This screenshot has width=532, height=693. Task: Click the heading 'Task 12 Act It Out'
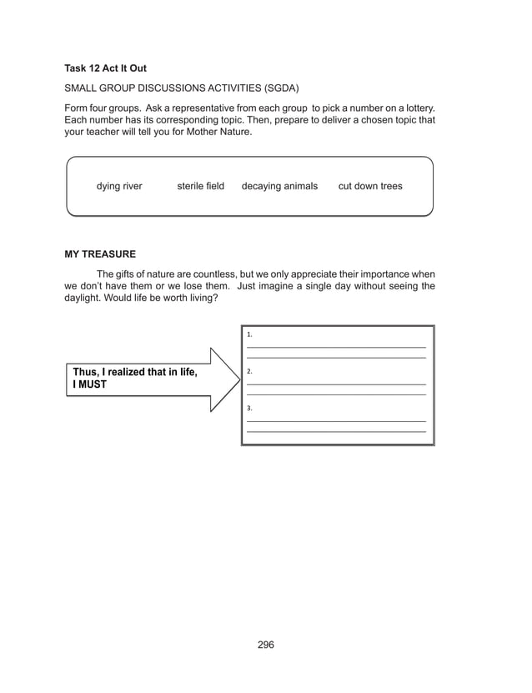[105, 68]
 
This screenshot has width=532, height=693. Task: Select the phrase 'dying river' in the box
[119, 187]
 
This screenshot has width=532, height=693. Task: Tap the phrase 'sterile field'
[200, 187]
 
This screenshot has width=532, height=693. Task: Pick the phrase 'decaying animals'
[279, 187]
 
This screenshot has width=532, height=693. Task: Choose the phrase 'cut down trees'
[369, 187]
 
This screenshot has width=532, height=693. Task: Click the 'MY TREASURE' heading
[100, 254]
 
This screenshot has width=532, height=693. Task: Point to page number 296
[266, 645]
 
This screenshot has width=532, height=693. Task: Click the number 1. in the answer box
[250, 334]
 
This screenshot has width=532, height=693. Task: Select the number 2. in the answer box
[250, 371]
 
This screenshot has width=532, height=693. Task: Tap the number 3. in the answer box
[250, 408]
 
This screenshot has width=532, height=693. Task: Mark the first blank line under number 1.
[336, 346]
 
